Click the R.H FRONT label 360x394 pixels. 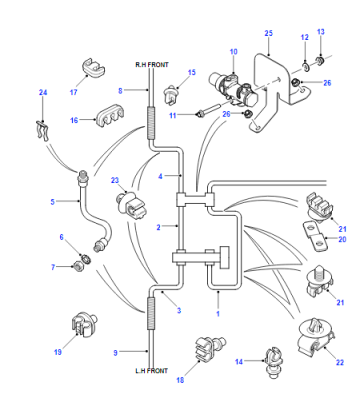click(x=152, y=65)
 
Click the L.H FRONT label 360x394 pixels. click(x=151, y=371)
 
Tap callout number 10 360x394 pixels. click(x=233, y=52)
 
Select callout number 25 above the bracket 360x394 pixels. click(x=269, y=33)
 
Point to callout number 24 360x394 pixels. click(x=43, y=92)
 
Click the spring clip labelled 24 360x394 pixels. click(x=43, y=130)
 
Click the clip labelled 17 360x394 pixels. click(x=93, y=68)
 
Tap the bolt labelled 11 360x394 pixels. click(x=207, y=111)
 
